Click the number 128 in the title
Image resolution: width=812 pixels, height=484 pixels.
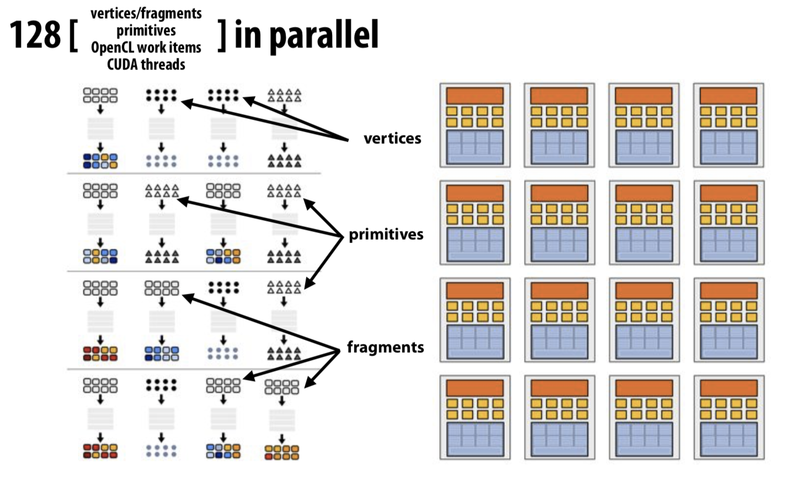(35, 35)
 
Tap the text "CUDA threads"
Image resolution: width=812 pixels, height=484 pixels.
(146, 64)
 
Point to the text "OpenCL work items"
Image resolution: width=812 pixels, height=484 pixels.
(146, 47)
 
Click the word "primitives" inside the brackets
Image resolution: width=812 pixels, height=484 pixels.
(146, 31)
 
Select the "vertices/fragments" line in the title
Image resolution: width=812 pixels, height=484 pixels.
(146, 14)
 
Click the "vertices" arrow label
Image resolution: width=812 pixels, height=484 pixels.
(392, 138)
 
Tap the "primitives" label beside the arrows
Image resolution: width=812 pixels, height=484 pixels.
(386, 234)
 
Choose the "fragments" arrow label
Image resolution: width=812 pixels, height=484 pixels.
(386, 347)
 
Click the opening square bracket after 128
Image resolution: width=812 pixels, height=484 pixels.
(73, 36)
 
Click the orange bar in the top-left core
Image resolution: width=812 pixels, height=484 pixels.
(475, 96)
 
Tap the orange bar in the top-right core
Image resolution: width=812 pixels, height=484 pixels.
(728, 96)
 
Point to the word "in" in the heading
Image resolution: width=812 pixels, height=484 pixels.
(248, 35)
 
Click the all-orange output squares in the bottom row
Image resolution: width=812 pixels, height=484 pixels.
(282, 453)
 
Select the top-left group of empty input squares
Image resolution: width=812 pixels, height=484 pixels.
(100, 95)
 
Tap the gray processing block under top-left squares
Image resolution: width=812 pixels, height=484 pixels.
(100, 128)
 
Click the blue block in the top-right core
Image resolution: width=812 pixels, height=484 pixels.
(728, 147)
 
